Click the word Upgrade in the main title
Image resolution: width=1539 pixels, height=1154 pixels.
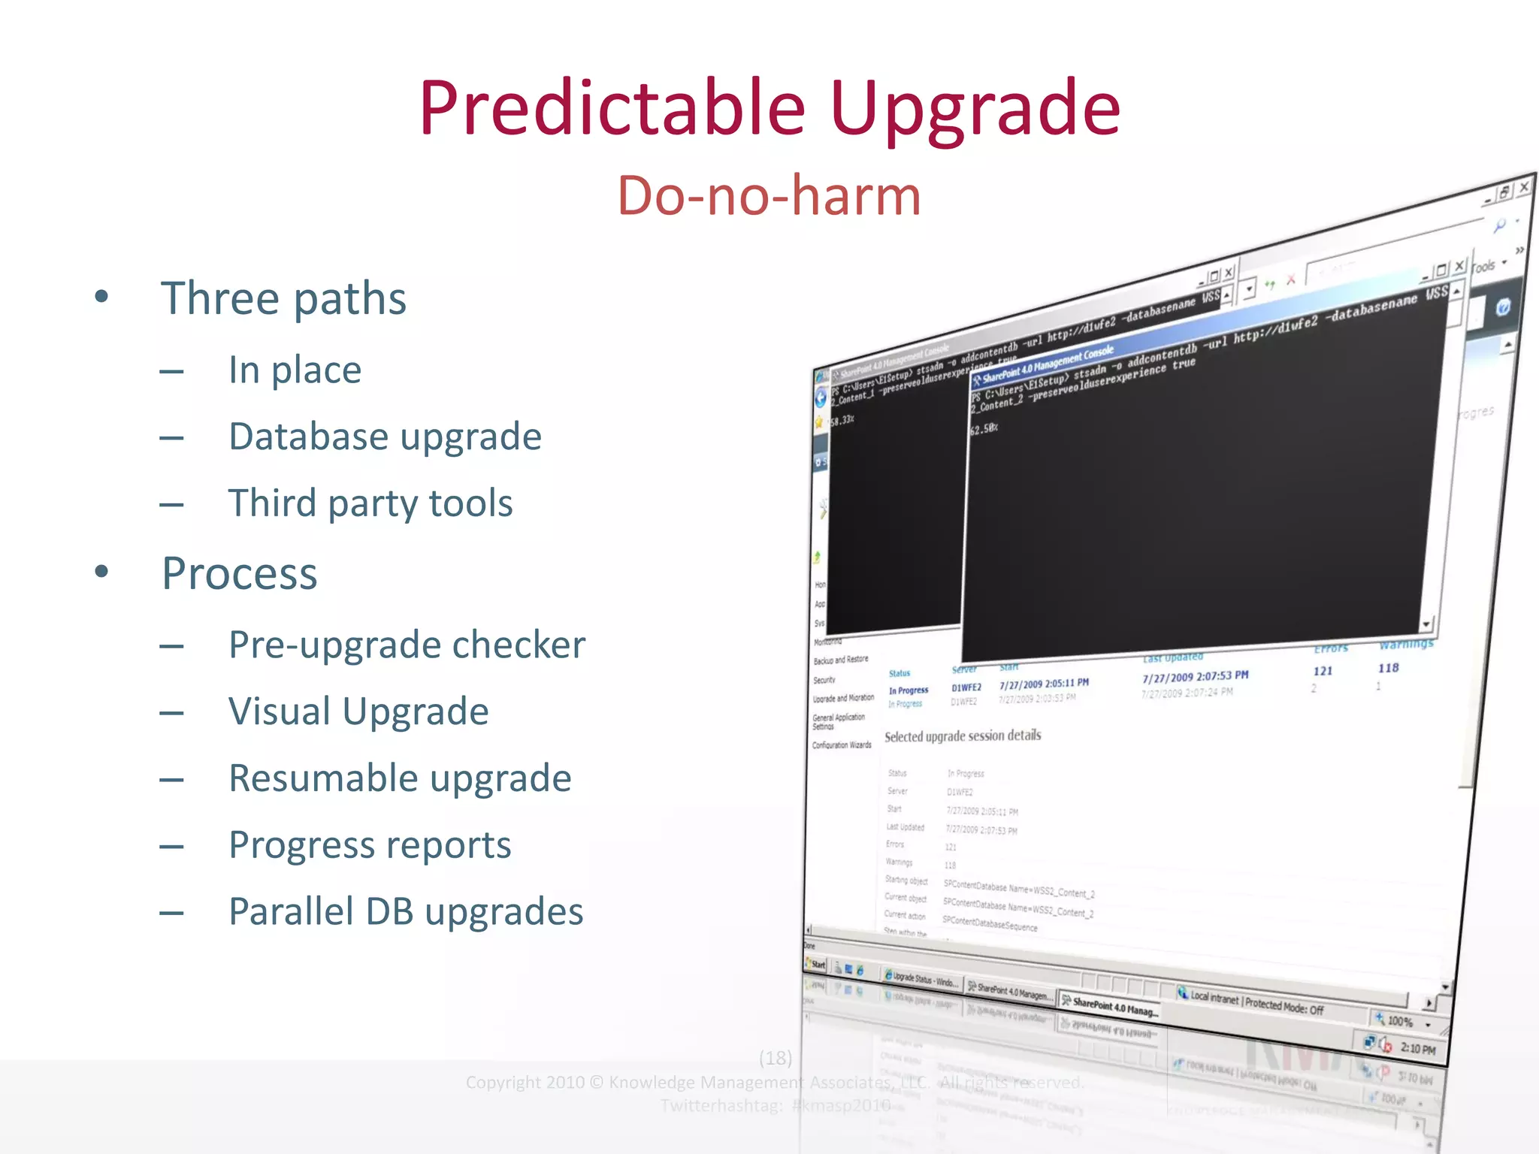tap(975, 110)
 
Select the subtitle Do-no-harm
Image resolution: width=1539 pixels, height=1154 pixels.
tap(769, 195)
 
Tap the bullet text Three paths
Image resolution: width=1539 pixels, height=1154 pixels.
tap(283, 298)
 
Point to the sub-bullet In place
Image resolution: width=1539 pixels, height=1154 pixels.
tap(295, 370)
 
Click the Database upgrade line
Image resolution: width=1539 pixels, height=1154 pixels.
tap(385, 437)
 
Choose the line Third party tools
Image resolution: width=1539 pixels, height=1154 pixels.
tap(370, 503)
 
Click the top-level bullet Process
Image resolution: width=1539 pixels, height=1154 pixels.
tap(240, 573)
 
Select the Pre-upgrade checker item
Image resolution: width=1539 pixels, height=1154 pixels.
tap(407, 645)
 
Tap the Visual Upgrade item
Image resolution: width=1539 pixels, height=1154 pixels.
tap(358, 711)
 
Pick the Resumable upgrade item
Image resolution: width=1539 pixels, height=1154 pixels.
tap(400, 778)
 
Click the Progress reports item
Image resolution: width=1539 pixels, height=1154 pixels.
tap(370, 845)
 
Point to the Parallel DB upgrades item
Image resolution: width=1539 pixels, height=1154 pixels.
tap(406, 911)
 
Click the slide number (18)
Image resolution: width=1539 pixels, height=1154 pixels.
tap(776, 1058)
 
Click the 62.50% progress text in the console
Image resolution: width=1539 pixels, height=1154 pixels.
tap(984, 429)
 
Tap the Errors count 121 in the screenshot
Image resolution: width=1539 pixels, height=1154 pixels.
tap(1323, 671)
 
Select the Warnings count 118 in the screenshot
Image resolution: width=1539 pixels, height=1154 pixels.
tap(1388, 668)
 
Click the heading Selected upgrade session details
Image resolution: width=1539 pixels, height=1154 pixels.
tap(963, 736)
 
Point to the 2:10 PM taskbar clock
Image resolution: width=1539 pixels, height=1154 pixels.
tap(1417, 1049)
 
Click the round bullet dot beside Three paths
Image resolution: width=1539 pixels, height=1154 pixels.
tap(101, 296)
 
